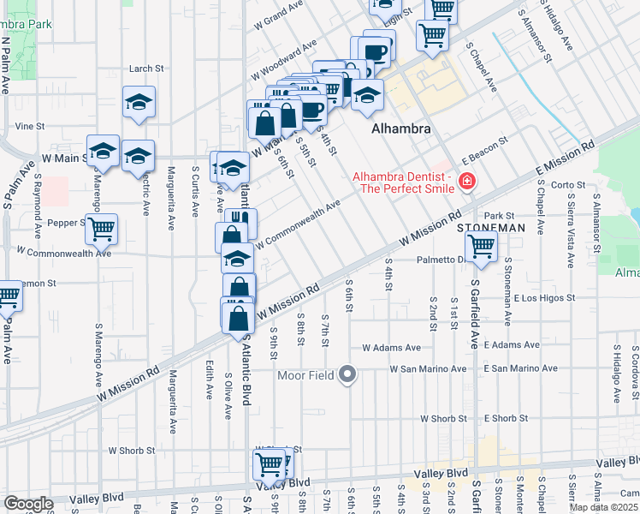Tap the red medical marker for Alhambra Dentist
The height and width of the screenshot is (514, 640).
467,181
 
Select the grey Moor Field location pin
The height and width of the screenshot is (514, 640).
347,374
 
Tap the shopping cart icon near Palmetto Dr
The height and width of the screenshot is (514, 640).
482,247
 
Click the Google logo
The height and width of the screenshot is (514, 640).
29,504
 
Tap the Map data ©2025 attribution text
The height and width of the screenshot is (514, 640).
604,507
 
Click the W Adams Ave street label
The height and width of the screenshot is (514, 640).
391,348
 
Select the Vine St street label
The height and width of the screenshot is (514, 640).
29,126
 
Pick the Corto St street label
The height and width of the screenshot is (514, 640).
567,185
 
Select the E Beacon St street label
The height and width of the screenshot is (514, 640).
485,151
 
